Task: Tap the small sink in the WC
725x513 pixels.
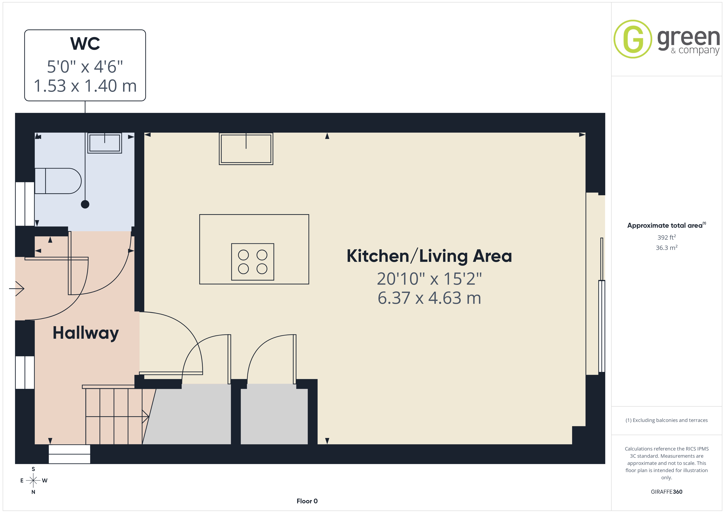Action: (x=105, y=143)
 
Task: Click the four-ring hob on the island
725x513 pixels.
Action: (x=253, y=262)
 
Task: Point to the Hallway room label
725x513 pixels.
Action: (x=85, y=333)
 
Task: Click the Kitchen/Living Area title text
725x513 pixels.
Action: (x=429, y=256)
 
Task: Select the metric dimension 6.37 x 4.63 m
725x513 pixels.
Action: (x=429, y=298)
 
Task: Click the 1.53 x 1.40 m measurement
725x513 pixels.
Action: (x=85, y=86)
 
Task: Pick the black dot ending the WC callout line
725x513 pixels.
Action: (x=85, y=204)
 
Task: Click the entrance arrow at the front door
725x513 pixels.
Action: (x=16, y=288)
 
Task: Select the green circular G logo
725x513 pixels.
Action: (x=633, y=39)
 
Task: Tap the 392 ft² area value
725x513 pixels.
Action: (x=667, y=237)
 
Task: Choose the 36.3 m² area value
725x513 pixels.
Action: (x=667, y=248)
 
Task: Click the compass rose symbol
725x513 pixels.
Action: (x=33, y=481)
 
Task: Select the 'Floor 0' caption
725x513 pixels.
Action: (x=307, y=501)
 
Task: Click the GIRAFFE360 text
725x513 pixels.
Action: (x=667, y=492)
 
